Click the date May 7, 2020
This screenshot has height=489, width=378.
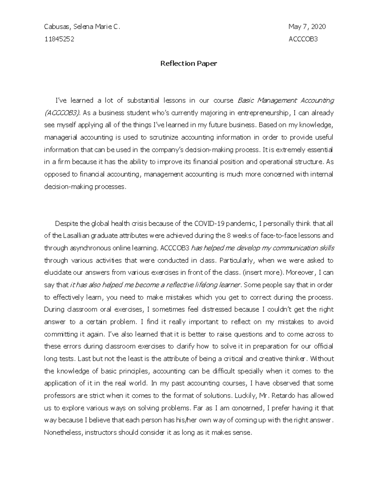click(x=307, y=27)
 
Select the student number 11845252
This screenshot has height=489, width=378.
click(x=59, y=39)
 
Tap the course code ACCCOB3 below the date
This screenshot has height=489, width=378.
click(x=303, y=39)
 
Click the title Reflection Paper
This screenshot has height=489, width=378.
click(x=189, y=64)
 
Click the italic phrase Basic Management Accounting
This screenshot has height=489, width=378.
click(x=285, y=100)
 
